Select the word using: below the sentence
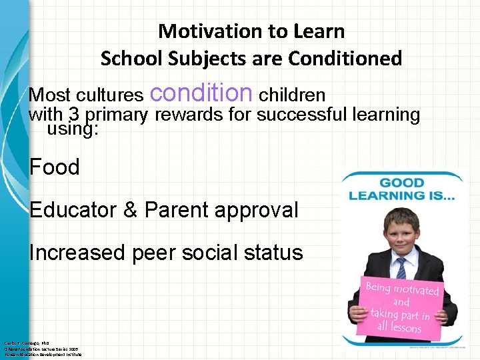73,129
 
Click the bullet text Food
55,167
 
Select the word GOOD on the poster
401,183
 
